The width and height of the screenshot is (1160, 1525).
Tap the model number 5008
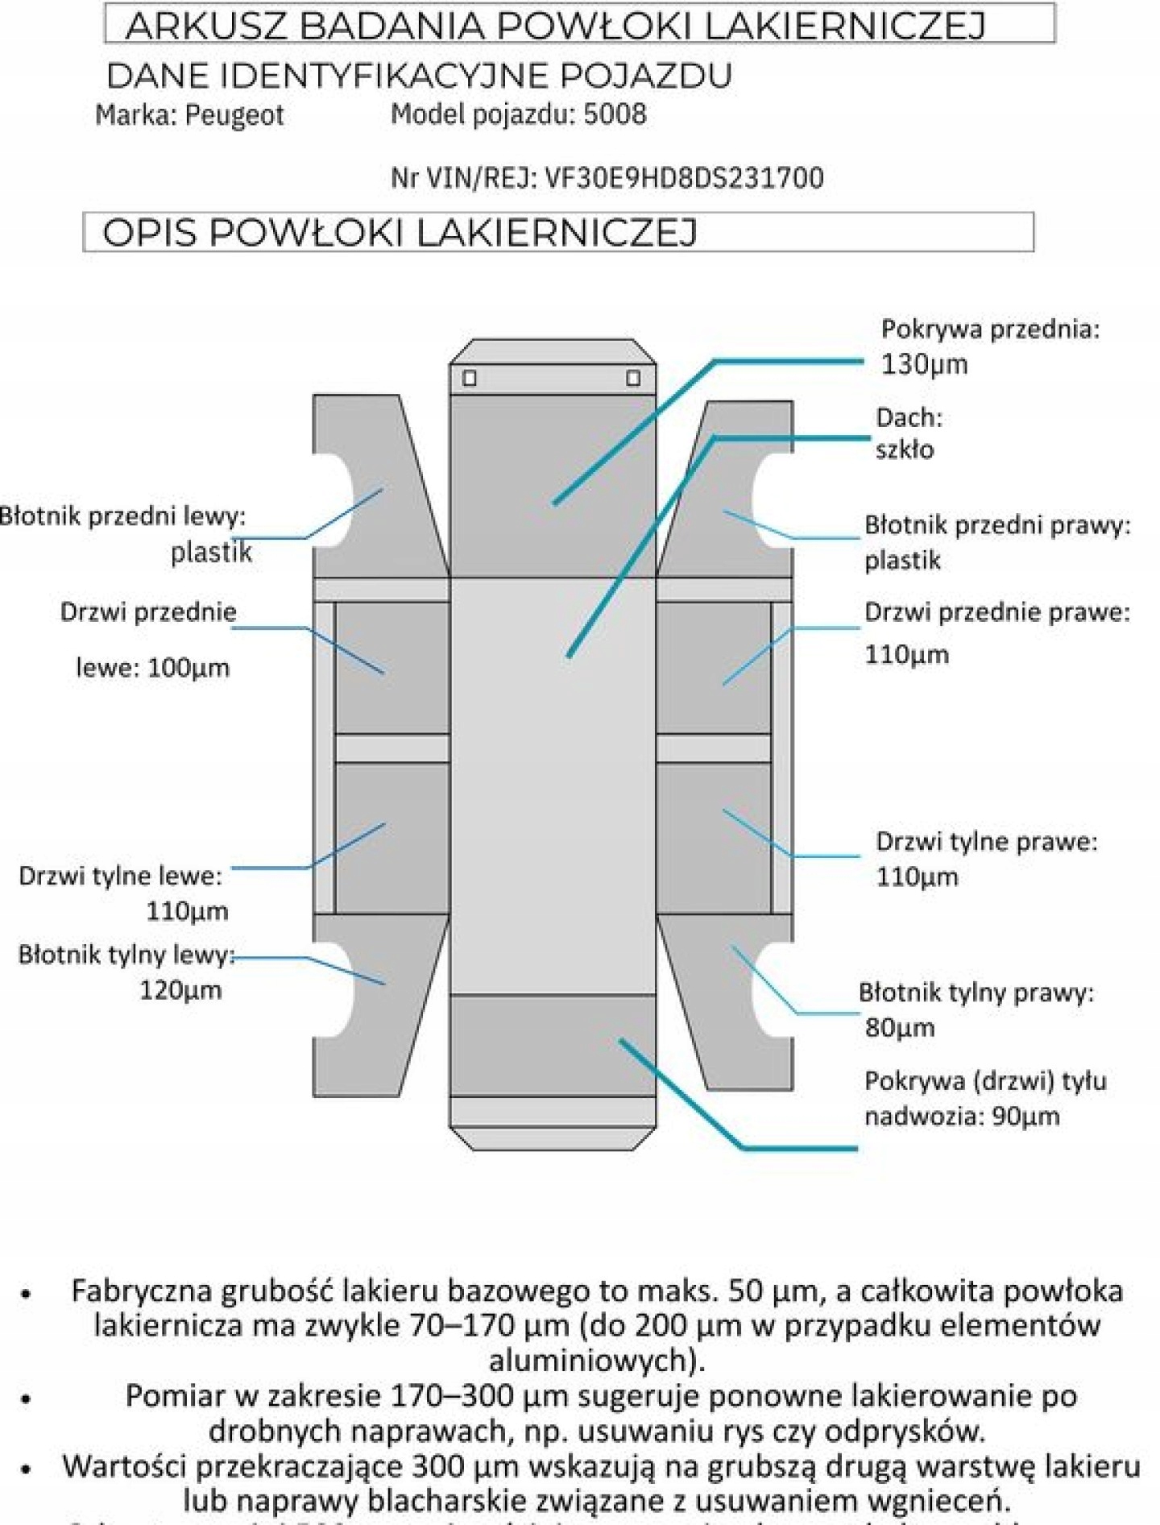tap(615, 114)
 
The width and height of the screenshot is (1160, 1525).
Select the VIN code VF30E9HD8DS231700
tap(684, 177)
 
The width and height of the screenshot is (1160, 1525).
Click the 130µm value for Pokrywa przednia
tap(924, 364)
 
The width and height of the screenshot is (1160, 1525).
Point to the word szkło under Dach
tap(905, 450)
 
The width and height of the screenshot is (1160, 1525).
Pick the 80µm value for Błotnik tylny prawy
tap(900, 1028)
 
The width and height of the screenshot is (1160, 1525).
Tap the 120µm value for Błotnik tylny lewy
tap(180, 990)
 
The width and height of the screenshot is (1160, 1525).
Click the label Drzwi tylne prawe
tap(986, 842)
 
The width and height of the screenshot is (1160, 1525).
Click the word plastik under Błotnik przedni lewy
tap(211, 553)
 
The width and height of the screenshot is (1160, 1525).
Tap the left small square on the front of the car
tap(470, 378)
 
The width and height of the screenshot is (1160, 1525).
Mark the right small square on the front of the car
tap(633, 378)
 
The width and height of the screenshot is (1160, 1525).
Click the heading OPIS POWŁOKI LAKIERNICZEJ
tap(400, 233)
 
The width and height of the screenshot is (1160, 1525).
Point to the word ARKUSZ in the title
tap(206, 26)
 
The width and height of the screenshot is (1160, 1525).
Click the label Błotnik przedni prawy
tap(997, 525)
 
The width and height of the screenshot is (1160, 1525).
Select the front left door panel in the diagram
tap(391, 667)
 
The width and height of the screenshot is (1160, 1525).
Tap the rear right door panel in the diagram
tap(714, 838)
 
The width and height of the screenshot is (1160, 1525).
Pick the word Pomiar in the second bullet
tap(174, 1395)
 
